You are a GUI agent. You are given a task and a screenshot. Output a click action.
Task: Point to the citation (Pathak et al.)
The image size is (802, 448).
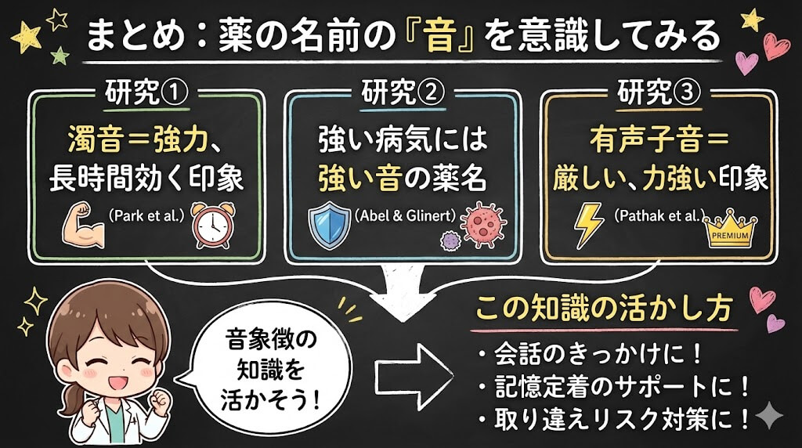659,214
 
